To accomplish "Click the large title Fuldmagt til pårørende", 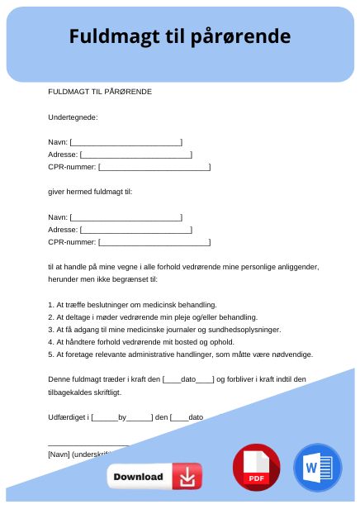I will click(x=179, y=36).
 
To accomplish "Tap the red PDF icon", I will click(x=257, y=469).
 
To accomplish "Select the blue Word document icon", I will click(x=316, y=469).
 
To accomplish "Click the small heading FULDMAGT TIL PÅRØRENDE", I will click(x=100, y=91).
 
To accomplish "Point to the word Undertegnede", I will click(x=73, y=117).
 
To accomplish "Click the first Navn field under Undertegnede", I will click(x=126, y=142).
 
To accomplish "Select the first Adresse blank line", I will click(x=135, y=155).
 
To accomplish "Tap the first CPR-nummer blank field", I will click(x=154, y=167).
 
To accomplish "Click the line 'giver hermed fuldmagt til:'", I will click(x=90, y=192).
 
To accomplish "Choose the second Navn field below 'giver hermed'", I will click(x=126, y=217).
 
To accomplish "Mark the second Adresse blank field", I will click(x=135, y=230).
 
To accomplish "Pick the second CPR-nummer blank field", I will click(x=154, y=242).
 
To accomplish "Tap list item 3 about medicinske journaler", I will click(x=164, y=329).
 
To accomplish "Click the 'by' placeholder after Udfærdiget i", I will click(x=122, y=417).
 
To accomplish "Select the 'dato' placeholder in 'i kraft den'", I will click(x=188, y=379).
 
